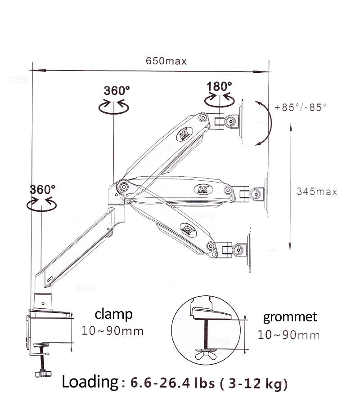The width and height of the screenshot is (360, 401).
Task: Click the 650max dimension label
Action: (x=166, y=61)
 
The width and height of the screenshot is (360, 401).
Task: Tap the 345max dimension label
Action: (x=317, y=192)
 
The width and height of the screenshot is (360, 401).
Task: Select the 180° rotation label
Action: (x=219, y=86)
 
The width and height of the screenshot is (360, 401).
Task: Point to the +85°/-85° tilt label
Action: (x=300, y=107)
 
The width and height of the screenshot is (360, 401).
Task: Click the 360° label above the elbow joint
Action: (x=117, y=90)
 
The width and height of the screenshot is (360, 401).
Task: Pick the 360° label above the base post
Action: (x=42, y=190)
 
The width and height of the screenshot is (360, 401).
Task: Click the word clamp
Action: (x=113, y=314)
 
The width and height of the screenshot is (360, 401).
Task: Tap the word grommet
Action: (x=290, y=317)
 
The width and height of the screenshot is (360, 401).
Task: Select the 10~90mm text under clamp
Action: (x=112, y=331)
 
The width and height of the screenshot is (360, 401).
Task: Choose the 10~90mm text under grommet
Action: (x=288, y=335)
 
